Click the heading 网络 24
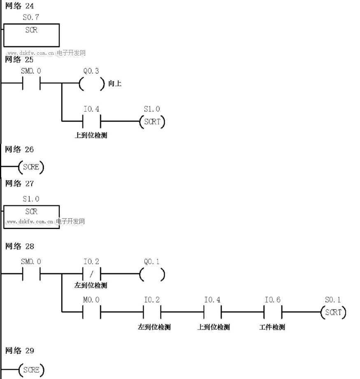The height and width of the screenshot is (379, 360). coord(19,6)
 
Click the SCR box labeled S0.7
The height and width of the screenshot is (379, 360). coord(31,35)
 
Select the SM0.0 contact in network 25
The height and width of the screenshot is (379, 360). coord(31,84)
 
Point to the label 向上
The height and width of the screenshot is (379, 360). coord(115,84)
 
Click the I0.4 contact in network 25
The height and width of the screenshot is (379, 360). coord(92,122)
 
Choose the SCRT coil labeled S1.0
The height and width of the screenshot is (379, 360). coord(152,122)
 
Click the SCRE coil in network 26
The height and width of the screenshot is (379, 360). coord(31,167)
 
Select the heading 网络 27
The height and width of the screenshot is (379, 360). coord(19,183)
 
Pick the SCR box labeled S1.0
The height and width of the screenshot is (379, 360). coord(31,216)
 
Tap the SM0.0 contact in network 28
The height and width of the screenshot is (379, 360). coord(31,274)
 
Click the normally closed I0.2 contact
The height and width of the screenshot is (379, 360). coord(92,274)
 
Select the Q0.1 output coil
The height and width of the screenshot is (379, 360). coord(152,274)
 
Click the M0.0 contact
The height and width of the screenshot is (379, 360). coord(92,312)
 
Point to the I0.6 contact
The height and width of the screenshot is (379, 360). coord(273,312)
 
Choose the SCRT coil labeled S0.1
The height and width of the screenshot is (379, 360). coord(333,312)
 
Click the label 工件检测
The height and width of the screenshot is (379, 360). coord(272,327)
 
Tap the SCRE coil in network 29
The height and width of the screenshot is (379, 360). coord(31,370)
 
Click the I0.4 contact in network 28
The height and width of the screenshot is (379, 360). coord(212,312)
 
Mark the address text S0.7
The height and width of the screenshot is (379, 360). coord(31,17)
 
